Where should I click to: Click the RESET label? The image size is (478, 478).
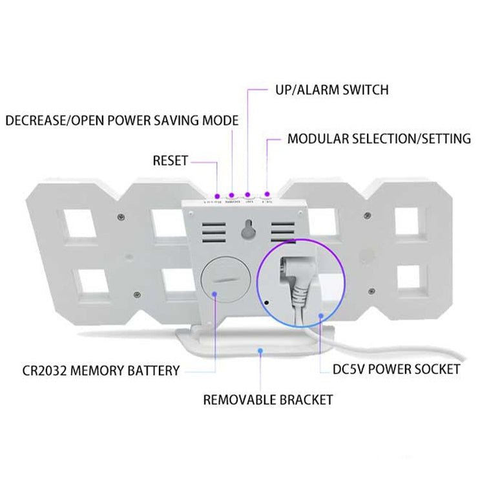[170, 161]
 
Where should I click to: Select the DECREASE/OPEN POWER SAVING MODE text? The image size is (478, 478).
[122, 121]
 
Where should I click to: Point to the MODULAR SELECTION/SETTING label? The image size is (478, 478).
[379, 139]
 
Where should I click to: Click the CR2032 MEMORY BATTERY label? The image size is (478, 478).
[99, 371]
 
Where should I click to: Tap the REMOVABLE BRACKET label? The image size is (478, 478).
[268, 400]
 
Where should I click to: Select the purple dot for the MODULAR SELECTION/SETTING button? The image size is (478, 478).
[267, 194]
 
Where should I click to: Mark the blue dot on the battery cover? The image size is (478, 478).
[213, 295]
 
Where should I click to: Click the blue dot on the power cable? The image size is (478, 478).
[322, 316]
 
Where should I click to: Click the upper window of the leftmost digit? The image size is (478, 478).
[81, 225]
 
